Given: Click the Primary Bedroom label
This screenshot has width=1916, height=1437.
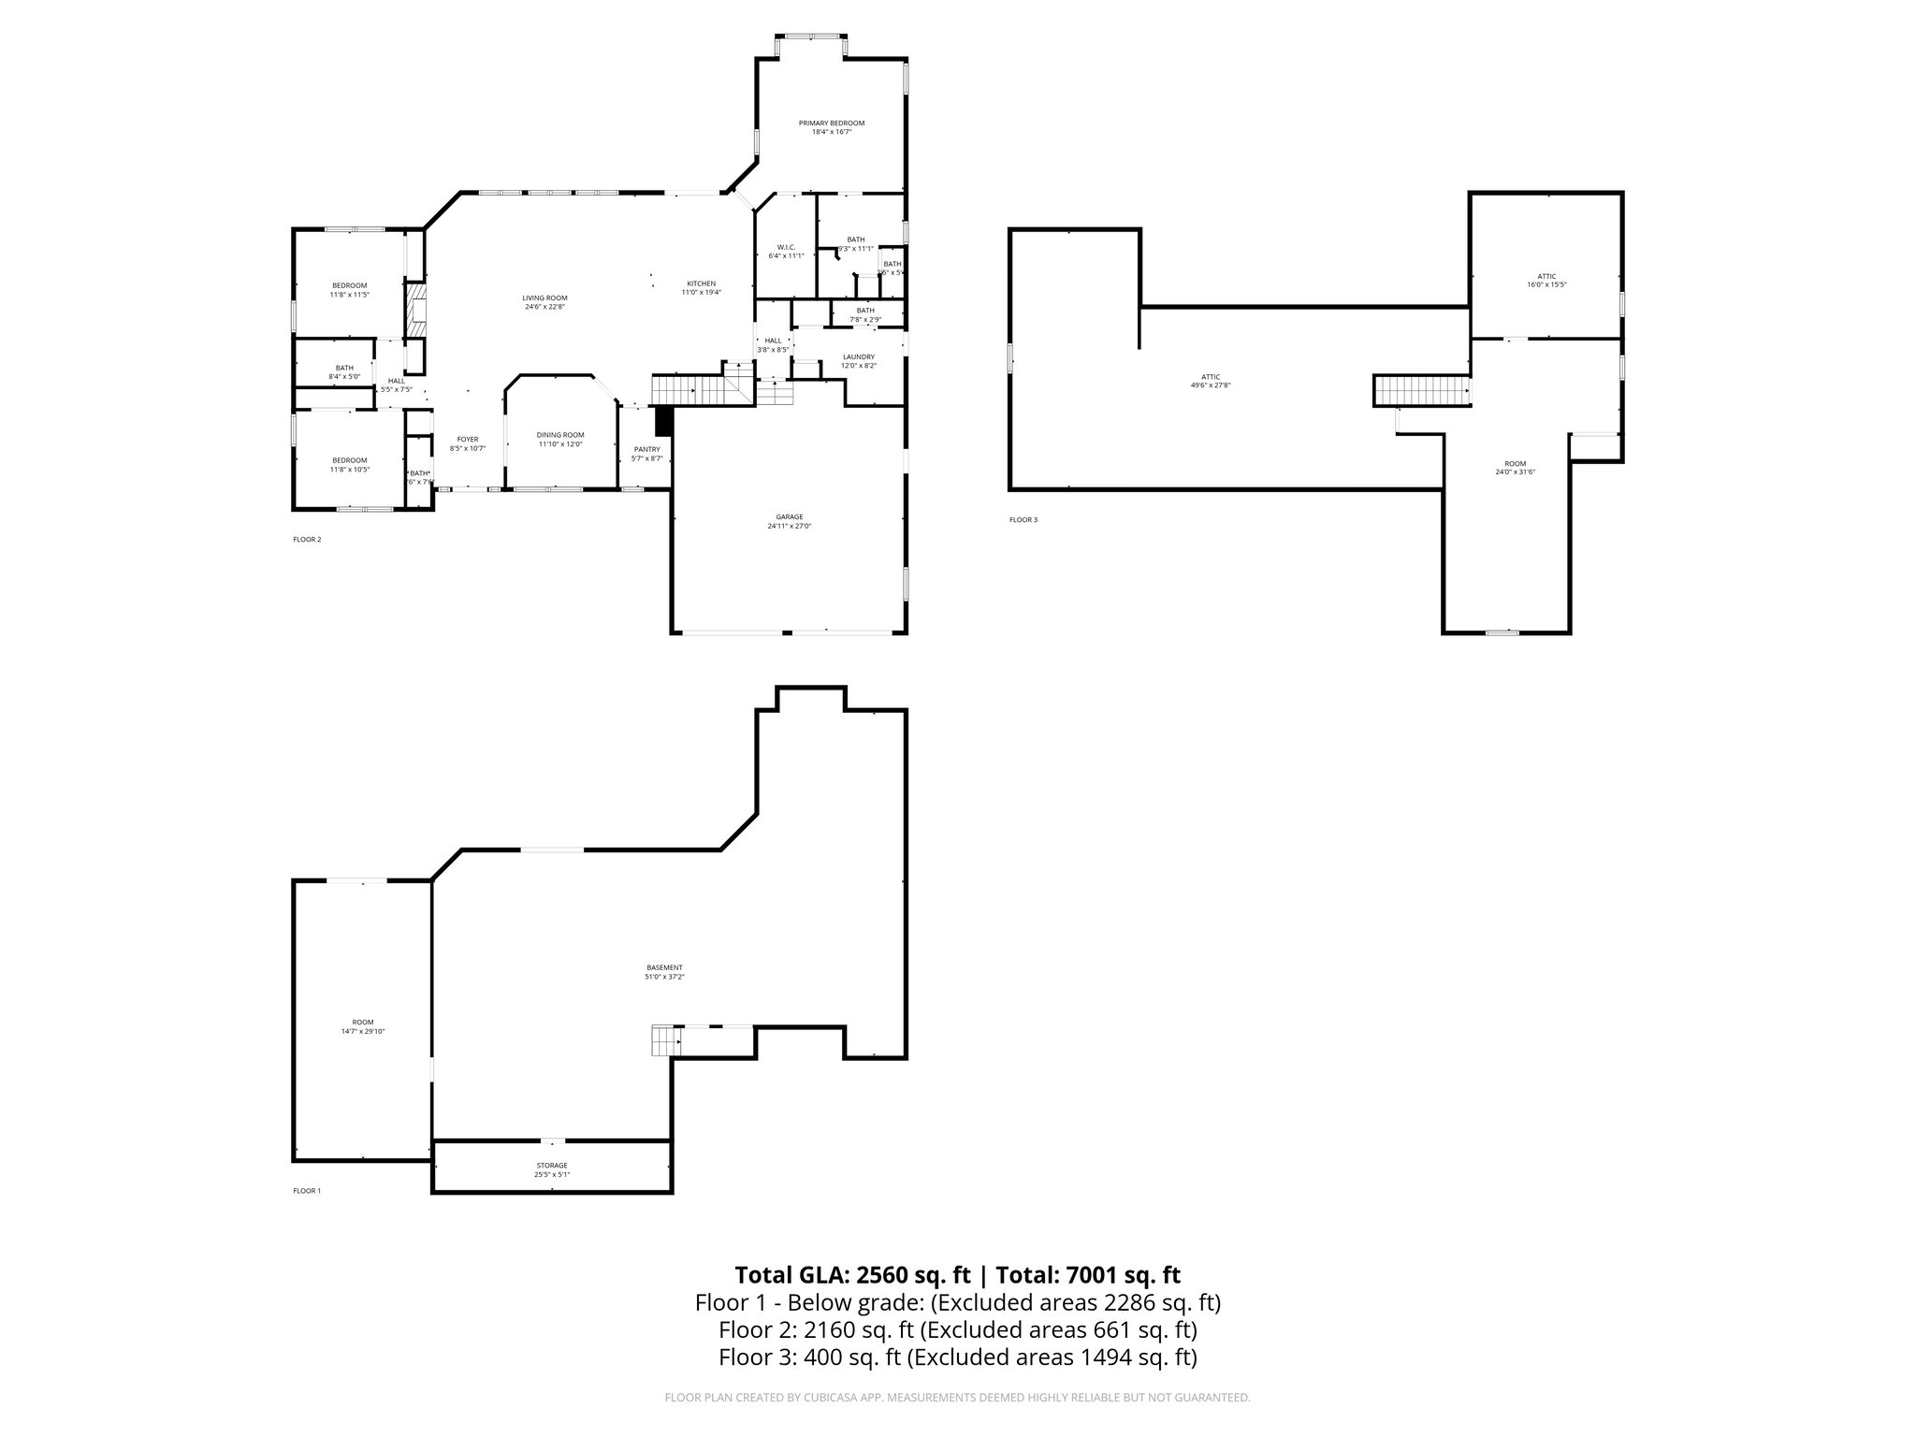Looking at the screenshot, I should (831, 123).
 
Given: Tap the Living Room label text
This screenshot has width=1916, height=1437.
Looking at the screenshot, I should (544, 298).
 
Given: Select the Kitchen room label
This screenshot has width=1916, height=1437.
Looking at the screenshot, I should (701, 283).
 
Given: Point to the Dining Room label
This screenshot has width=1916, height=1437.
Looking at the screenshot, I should (559, 435).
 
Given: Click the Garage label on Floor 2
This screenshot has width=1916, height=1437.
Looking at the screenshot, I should (789, 517).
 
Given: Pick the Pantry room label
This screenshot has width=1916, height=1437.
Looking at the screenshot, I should (646, 449).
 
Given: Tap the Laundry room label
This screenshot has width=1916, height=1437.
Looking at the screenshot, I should (858, 356).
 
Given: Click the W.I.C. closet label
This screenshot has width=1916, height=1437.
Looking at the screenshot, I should (786, 247).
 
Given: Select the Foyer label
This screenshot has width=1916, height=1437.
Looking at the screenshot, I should (467, 440).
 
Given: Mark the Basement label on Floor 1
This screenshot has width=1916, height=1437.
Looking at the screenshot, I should (664, 967).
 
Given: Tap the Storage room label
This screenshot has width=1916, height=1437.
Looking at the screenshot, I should (551, 1166).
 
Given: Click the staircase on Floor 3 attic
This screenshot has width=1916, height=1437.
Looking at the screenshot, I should (1420, 390).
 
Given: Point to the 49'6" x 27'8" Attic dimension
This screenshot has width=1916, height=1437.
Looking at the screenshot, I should (1210, 385).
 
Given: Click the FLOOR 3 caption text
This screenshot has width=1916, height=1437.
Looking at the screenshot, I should (1023, 519).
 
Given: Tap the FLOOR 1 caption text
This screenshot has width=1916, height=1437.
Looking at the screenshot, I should (306, 1191).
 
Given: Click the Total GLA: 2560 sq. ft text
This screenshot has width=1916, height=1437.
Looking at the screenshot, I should (852, 1275).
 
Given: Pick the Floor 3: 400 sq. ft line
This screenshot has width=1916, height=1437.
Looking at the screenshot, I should (957, 1357).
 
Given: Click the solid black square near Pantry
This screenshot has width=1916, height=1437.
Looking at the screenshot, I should (663, 421).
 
